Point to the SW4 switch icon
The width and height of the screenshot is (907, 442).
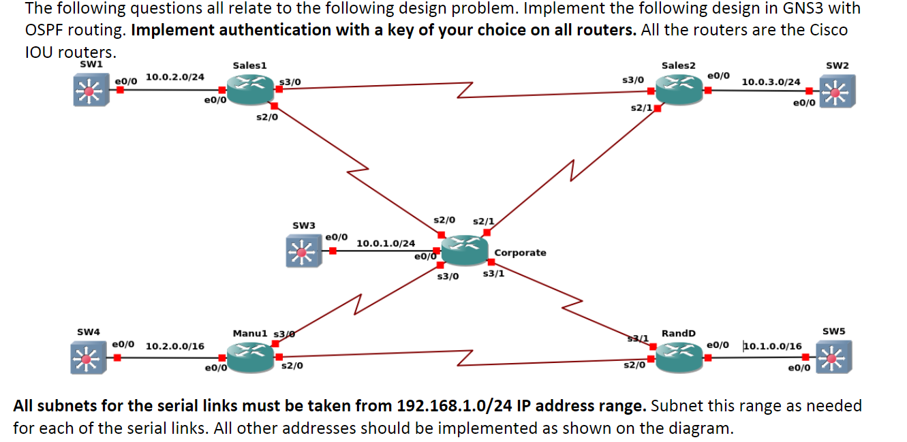point(87,358)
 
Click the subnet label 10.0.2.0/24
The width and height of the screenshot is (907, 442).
point(174,77)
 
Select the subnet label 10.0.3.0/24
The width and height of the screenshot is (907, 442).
point(771,82)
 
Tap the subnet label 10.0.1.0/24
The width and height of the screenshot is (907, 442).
point(386,243)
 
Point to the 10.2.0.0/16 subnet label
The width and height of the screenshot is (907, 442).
point(175,346)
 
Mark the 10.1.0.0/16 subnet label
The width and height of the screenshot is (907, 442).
point(772,346)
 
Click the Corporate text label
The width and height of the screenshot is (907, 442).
point(520,253)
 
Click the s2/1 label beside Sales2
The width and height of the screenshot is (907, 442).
point(641,109)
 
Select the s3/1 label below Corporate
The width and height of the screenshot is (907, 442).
point(493,274)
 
